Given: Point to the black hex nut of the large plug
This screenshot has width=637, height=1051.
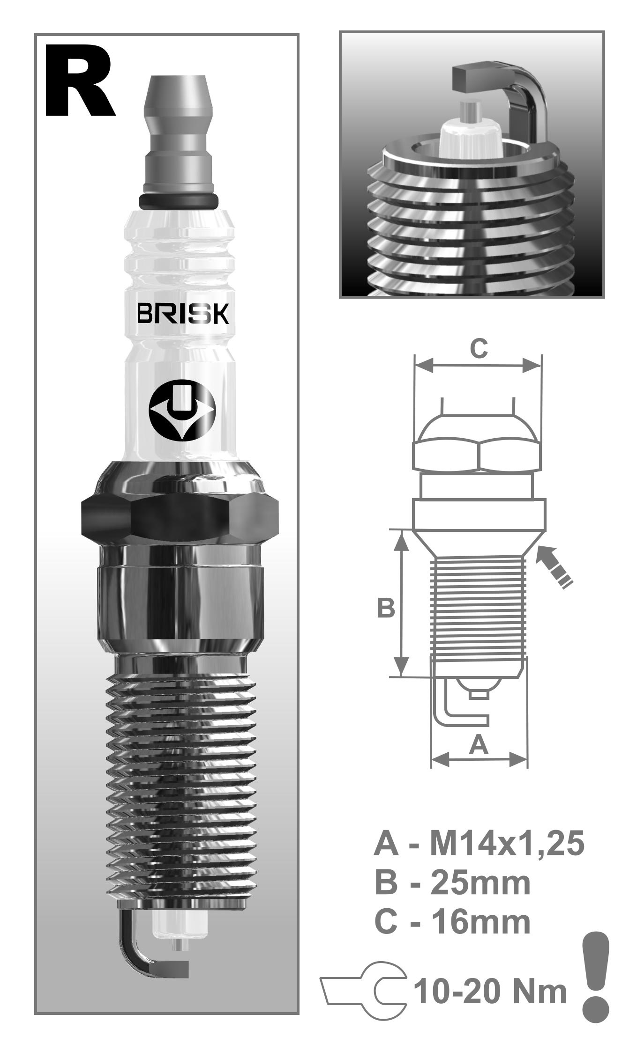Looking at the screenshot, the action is [180, 517].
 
